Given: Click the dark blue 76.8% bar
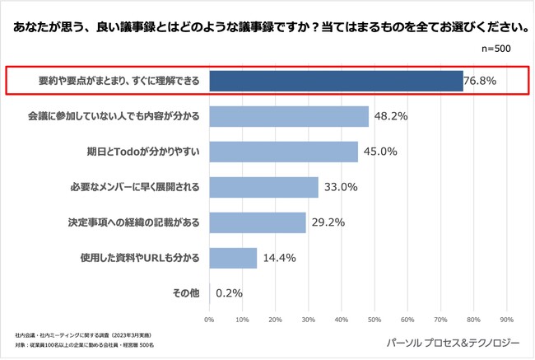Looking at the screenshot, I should pos(336,81).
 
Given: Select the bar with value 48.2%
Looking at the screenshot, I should pos(289,116).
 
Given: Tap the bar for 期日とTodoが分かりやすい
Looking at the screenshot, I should pos(284,152).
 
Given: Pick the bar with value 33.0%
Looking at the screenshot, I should pos(263,187).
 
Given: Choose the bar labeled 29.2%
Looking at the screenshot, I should pos(258,222).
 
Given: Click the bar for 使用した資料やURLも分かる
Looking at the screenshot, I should pos(233,258).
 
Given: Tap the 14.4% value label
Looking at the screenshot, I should pos(279,258).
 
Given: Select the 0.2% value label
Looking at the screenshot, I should pos(230,292).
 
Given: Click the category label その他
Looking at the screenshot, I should pos(185,292).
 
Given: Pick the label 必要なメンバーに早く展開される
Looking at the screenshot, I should pos(135,187).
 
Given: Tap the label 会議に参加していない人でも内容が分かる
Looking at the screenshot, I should pos(114,116).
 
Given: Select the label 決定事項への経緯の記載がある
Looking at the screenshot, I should pos(135,222).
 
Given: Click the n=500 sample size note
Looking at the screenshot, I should pos(496,49).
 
